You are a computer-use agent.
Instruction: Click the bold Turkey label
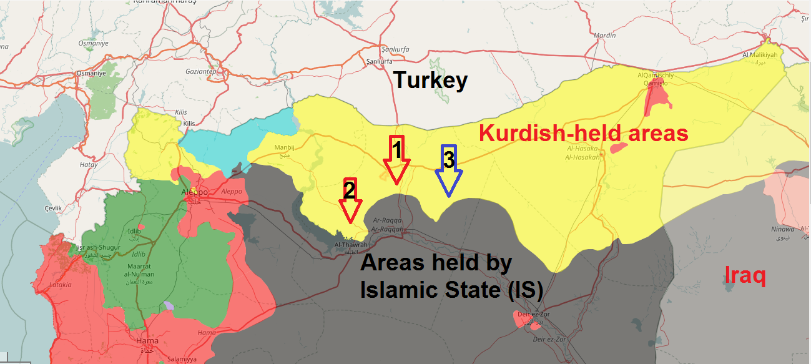[x=430, y=81]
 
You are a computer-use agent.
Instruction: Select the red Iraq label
[x=745, y=275]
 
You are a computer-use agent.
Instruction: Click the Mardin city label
[x=605, y=36]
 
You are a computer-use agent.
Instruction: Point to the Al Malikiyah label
[x=760, y=55]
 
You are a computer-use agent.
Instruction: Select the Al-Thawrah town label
[x=351, y=245]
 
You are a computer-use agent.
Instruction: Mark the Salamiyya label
[x=182, y=360]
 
